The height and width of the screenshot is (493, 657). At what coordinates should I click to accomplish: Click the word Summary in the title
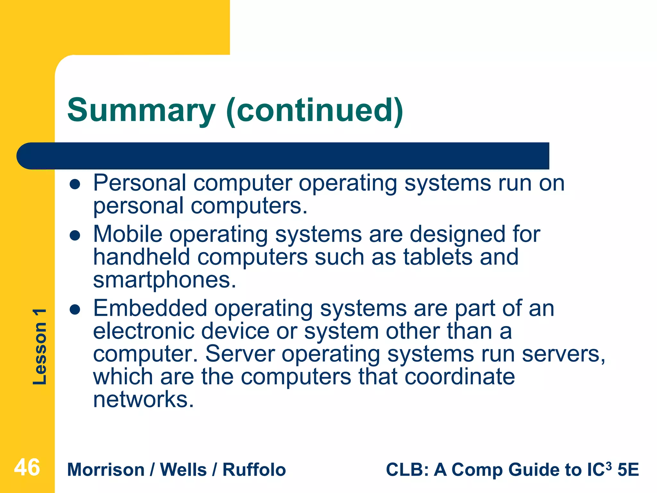tap(141, 111)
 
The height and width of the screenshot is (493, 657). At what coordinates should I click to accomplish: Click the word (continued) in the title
tap(314, 111)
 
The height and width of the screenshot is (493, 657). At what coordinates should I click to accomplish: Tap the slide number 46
tap(27, 467)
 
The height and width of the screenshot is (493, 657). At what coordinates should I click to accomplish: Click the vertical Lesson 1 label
tap(40, 347)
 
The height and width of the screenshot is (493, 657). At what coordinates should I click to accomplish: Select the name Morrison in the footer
tap(106, 470)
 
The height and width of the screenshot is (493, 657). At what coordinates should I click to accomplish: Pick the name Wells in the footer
tap(183, 470)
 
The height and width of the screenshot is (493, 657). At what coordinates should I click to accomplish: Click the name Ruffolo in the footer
tap(254, 470)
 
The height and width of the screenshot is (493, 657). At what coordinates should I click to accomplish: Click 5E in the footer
tap(628, 470)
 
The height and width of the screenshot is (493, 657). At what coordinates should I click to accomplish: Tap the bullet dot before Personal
tap(75, 185)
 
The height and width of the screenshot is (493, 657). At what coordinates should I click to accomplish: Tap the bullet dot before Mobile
tap(75, 236)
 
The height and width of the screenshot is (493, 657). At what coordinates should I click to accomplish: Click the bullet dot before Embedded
tap(75, 310)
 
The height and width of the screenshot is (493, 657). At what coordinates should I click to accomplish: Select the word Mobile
tap(128, 234)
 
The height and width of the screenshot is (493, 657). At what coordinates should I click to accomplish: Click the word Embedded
tap(150, 308)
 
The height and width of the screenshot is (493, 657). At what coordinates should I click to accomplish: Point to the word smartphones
tap(164, 280)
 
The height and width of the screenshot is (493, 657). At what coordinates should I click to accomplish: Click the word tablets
tap(438, 257)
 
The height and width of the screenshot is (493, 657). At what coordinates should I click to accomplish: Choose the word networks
tap(143, 400)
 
